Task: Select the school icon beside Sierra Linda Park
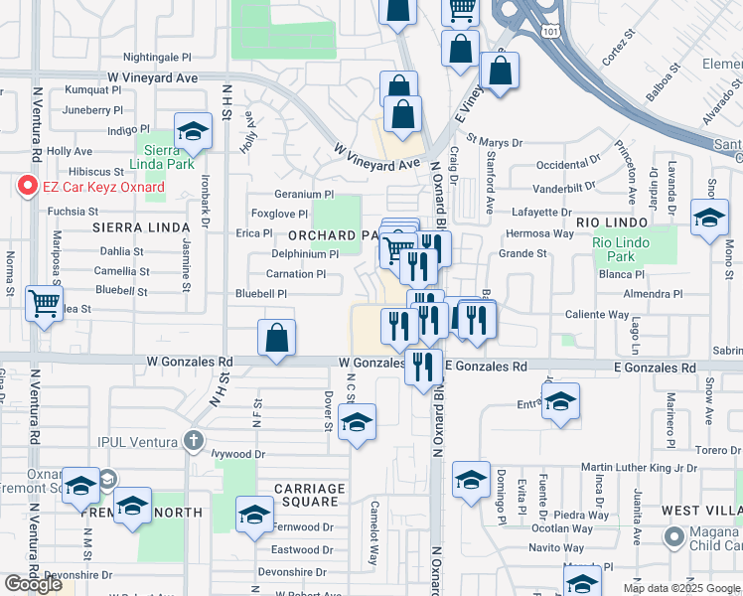(x=193, y=132)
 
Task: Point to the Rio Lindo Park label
(x=620, y=248)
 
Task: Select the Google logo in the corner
(x=34, y=584)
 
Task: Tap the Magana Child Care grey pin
(x=674, y=537)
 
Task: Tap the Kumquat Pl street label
(x=92, y=90)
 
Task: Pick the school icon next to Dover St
(x=357, y=422)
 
